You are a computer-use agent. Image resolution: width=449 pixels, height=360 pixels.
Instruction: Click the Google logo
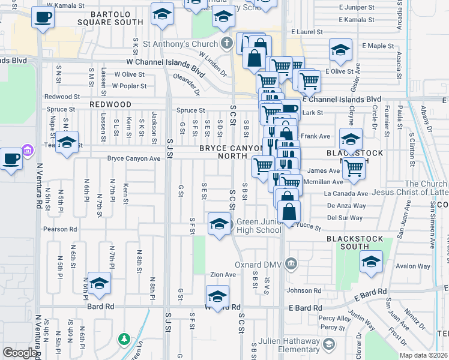point(20,353)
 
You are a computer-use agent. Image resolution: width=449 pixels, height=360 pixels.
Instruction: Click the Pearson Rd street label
point(59,229)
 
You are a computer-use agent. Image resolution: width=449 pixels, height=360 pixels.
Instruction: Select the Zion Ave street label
point(223,274)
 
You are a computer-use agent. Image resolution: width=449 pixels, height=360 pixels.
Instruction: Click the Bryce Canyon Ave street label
point(134,159)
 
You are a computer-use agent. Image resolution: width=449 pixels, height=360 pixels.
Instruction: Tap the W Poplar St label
point(129,86)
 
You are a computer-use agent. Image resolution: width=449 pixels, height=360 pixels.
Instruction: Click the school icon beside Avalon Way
point(371,262)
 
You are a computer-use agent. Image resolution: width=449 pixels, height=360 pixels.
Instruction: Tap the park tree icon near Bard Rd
point(124,340)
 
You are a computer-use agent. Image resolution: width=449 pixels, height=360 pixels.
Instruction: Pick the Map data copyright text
point(424,355)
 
